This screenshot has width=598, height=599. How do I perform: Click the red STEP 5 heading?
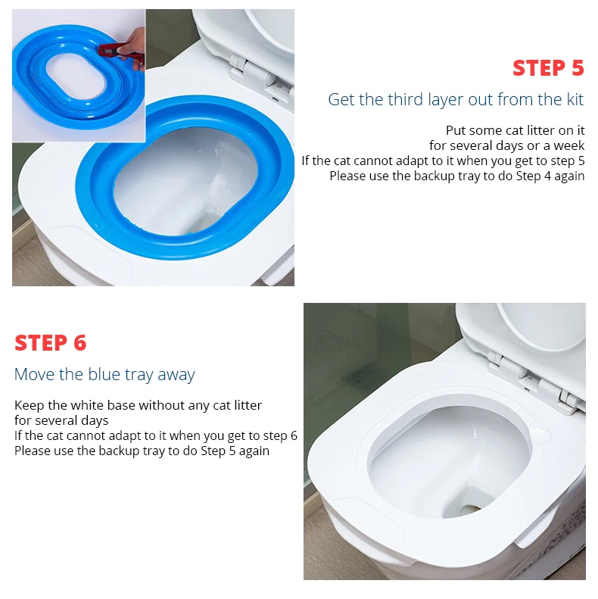[x=548, y=68]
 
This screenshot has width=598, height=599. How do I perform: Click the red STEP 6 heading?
[x=51, y=343]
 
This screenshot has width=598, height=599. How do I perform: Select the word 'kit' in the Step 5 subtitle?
[x=575, y=99]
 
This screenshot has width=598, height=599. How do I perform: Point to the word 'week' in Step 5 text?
[x=569, y=145]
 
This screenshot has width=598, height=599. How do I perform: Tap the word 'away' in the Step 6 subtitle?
[x=176, y=375]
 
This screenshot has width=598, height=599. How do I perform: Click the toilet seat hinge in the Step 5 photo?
[x=252, y=70]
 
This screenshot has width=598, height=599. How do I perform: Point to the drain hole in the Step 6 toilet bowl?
[x=470, y=507]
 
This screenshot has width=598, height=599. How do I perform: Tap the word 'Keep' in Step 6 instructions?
[x=30, y=405]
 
